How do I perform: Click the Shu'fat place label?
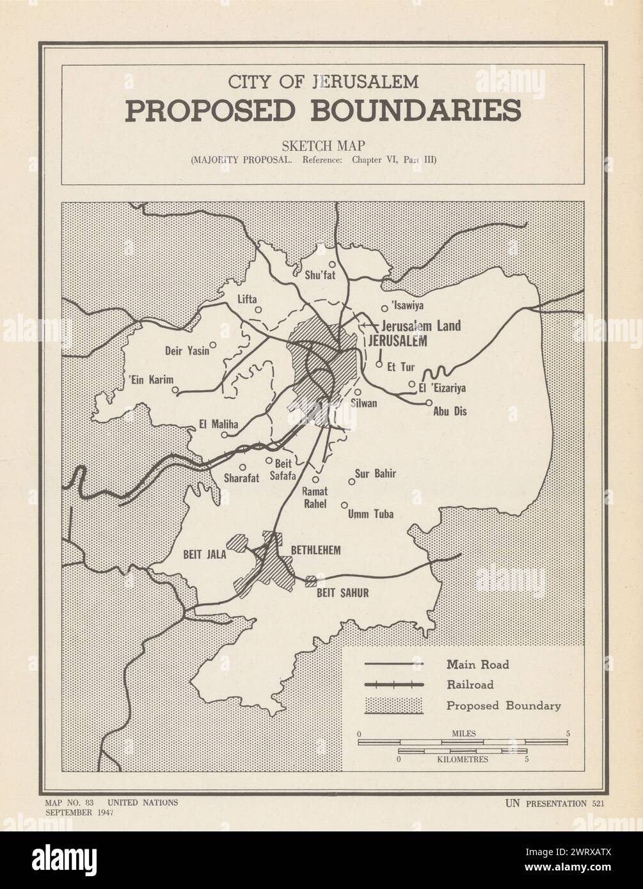[319, 276]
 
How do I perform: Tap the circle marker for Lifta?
[258, 310]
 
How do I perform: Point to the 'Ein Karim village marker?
[175, 389]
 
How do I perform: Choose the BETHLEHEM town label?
[315, 550]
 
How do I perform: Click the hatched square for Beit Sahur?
[311, 581]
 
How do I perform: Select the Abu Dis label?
[450, 412]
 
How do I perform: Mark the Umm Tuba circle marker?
[344, 505]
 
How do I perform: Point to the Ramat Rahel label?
[314, 498]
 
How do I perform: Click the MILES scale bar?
[463, 742]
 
